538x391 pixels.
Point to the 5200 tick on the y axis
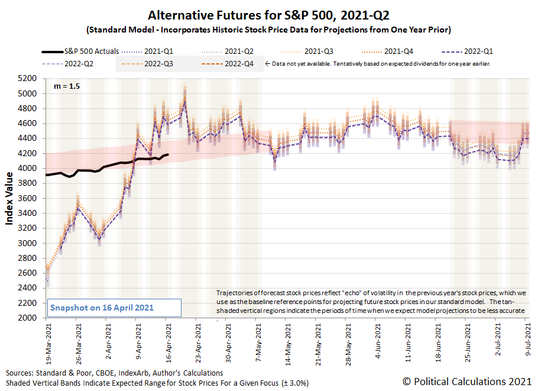coord(29,78)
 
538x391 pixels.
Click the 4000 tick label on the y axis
coord(29,168)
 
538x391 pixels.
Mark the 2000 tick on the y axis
coord(29,318)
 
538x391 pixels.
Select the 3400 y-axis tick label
coord(29,213)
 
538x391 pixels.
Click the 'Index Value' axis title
coord(10,198)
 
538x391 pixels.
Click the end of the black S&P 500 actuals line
coord(168,155)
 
